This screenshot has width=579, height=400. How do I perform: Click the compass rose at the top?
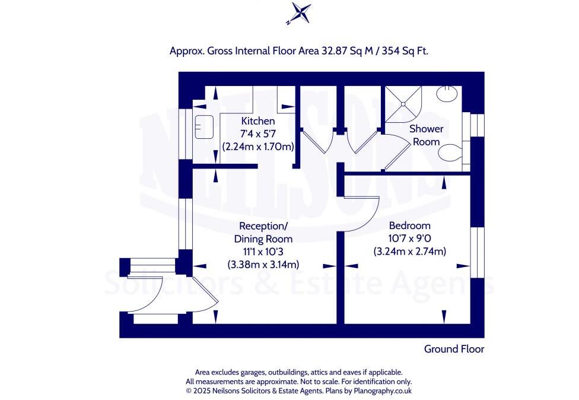pyautogui.click(x=298, y=14)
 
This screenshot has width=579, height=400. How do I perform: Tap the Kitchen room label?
pyautogui.click(x=258, y=121)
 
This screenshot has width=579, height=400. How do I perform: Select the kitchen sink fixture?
pyautogui.click(x=205, y=126)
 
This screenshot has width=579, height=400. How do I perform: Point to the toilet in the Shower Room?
pyautogui.click(x=451, y=153)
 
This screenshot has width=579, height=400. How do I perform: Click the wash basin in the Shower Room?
pyautogui.click(x=448, y=94)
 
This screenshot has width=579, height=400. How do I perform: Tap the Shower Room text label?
pyautogui.click(x=426, y=135)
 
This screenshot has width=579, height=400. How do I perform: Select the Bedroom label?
pyautogui.click(x=409, y=226)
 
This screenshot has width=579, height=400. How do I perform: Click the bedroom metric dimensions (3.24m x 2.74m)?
pyautogui.click(x=409, y=252)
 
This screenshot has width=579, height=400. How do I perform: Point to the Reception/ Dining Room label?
pyautogui.click(x=263, y=232)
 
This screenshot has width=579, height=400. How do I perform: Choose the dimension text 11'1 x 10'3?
pyautogui.click(x=263, y=252)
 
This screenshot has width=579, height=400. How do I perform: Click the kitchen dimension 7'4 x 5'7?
pyautogui.click(x=258, y=134)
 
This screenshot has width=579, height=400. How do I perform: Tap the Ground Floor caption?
pyautogui.click(x=454, y=349)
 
